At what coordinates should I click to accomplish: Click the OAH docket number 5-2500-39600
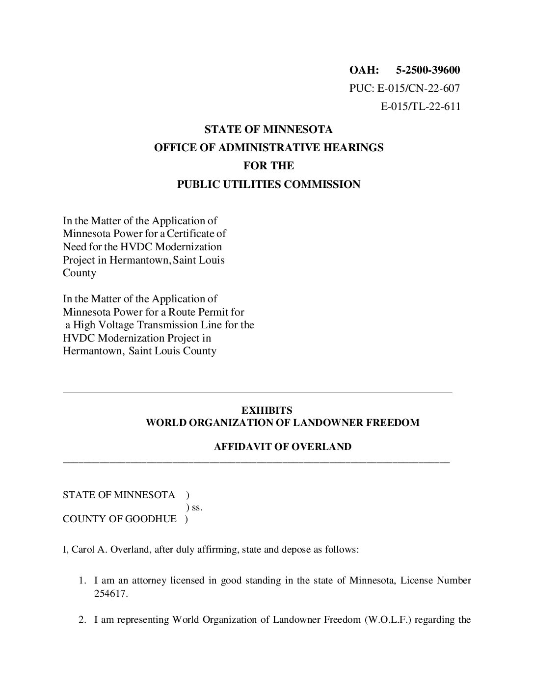point(428,70)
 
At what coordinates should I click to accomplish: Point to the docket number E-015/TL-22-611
point(421,106)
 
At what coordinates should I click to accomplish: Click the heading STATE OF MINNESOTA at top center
point(268,130)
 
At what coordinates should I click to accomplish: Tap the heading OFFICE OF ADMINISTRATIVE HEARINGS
point(268,148)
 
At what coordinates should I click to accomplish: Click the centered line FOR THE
point(268,166)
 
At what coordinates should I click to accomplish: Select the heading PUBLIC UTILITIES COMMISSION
point(268,185)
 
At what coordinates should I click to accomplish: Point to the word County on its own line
point(80,273)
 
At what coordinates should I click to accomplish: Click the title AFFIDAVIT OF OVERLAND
point(282,447)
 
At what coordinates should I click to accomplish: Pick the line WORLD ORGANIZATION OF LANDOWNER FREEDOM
point(282,423)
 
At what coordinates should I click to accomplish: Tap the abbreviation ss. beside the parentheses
point(197,507)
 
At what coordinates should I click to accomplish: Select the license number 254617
point(111,594)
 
